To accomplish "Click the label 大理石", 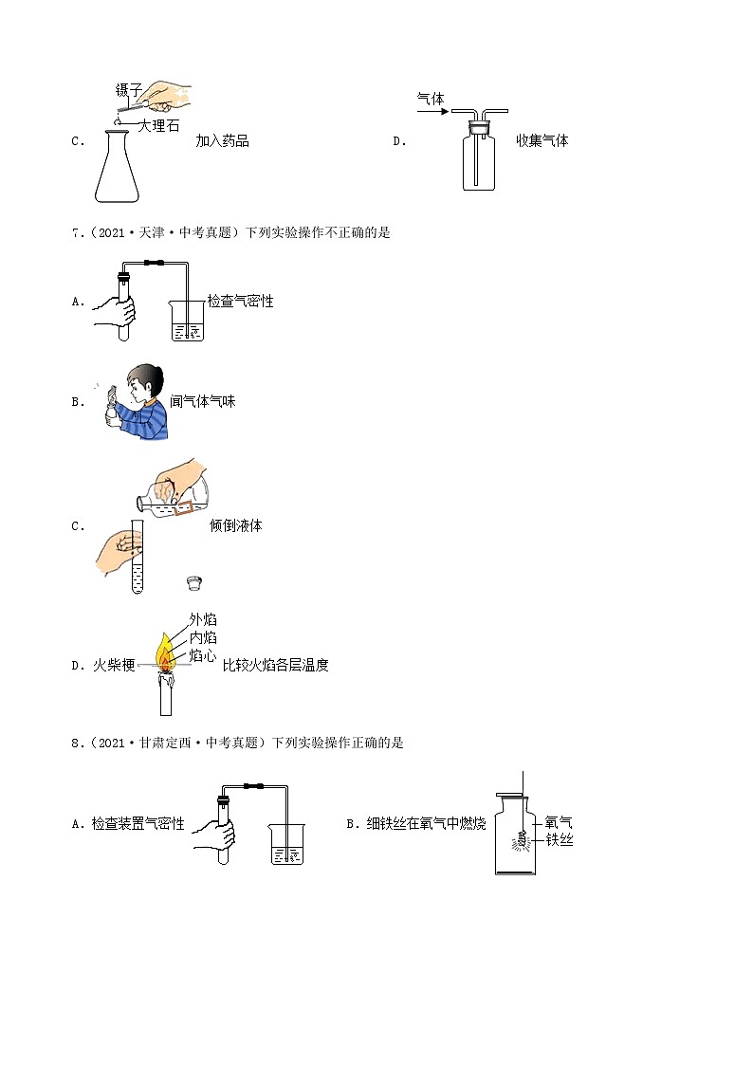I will (158, 125).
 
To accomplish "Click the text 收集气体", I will (542, 141).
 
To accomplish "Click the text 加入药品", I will (222, 141).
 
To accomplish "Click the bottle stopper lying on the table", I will (196, 581).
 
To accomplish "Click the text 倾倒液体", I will (235, 525).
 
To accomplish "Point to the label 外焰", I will (203, 618).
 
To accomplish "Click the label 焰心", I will (203, 654).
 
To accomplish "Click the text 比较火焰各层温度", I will (275, 665).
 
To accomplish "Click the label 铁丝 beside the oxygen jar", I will (559, 839).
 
